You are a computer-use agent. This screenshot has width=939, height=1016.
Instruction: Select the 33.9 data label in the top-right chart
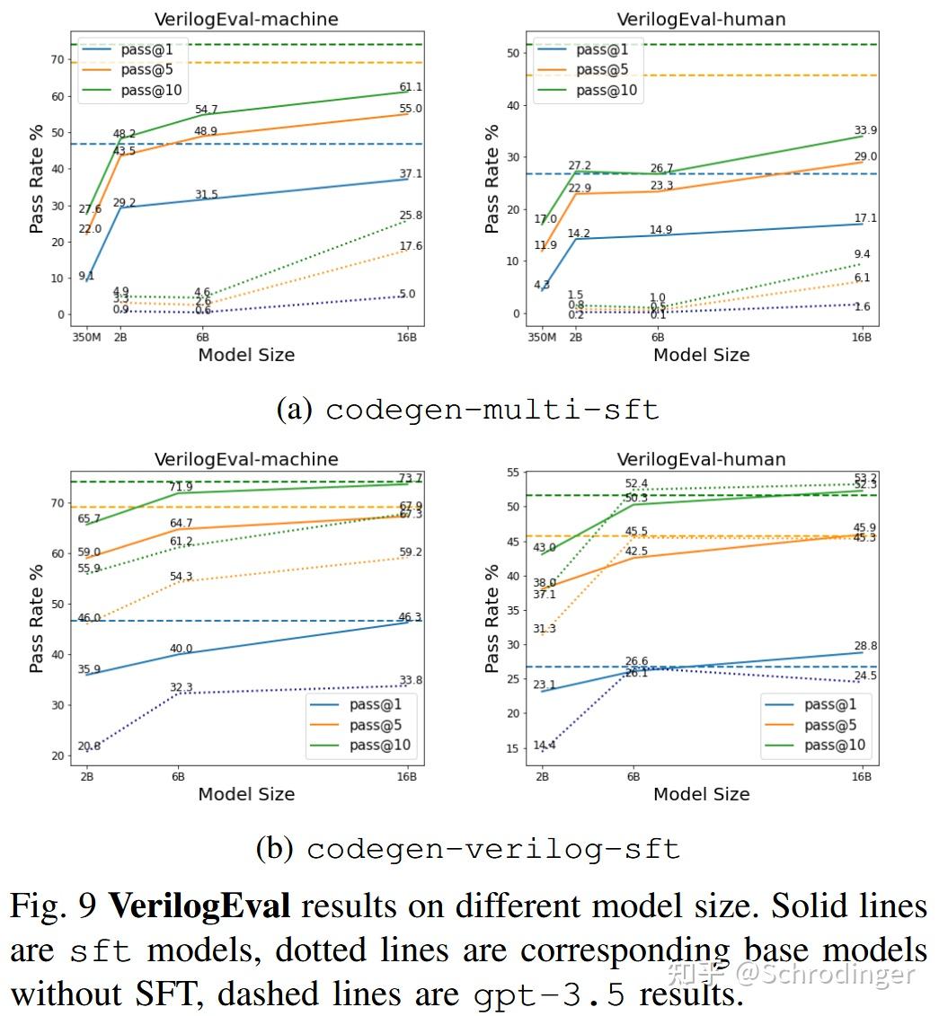click(864, 128)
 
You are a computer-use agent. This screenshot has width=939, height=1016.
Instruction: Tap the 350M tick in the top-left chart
click(87, 337)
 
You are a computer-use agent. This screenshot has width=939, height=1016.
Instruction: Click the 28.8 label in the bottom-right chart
click(864, 646)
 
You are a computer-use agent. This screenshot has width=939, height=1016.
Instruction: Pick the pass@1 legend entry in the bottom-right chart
click(830, 704)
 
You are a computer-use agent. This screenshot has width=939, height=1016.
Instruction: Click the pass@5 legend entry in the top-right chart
click(604, 69)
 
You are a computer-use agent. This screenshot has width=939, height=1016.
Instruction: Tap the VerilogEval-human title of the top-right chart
click(701, 19)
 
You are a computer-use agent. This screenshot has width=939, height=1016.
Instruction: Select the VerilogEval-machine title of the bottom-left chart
click(246, 459)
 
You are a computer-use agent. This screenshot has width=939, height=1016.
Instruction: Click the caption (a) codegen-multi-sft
click(467, 410)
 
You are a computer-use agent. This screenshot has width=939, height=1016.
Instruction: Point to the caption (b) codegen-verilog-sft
click(467, 848)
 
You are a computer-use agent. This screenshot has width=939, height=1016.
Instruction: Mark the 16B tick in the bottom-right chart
click(862, 776)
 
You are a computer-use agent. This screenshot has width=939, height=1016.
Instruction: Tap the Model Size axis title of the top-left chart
click(246, 355)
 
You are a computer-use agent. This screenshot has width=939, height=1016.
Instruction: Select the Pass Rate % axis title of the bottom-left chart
click(36, 619)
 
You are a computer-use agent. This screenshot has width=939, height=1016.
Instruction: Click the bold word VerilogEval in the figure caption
click(199, 906)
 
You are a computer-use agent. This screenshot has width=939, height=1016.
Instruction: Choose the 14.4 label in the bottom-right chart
click(544, 746)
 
